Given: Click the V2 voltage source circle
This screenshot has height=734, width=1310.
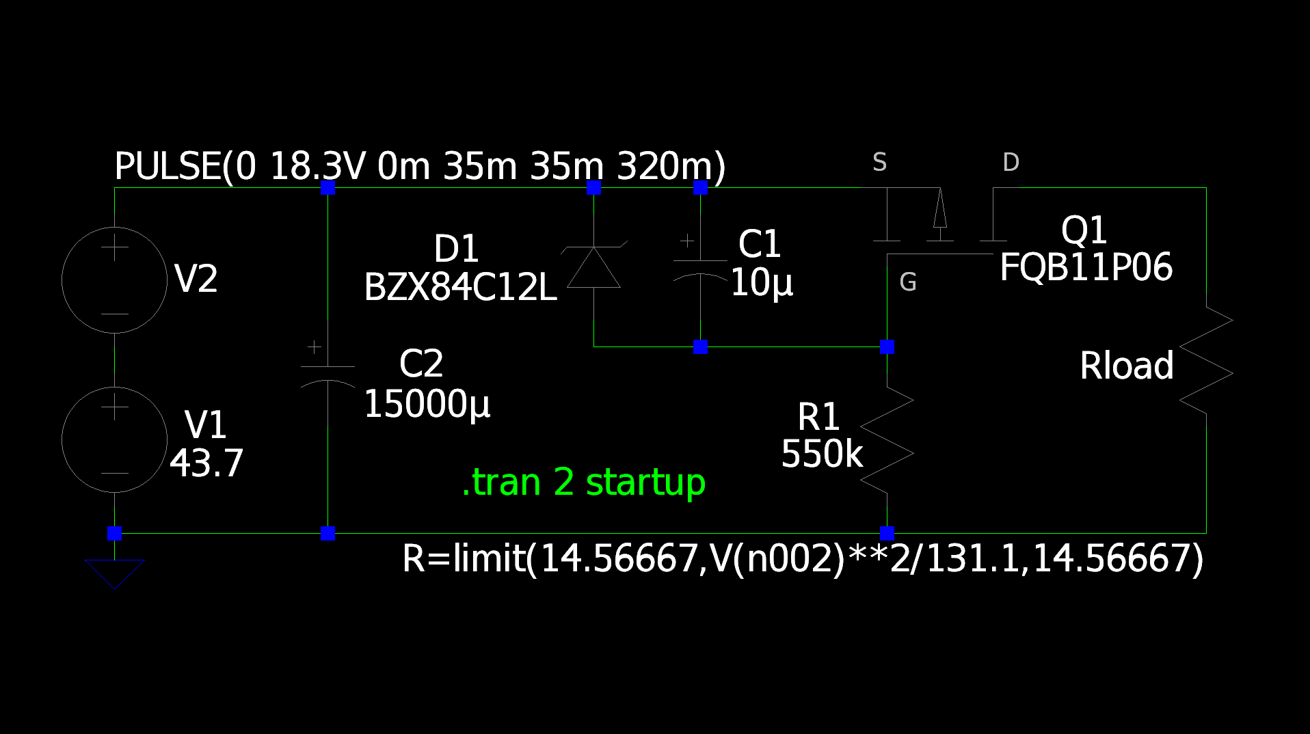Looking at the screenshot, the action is tap(62, 280).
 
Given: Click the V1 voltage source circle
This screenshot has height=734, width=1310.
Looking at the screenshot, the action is tap(62, 439).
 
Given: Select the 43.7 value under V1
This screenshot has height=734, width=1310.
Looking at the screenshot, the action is tap(206, 463).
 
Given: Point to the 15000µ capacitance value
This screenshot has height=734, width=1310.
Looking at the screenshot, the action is tap(427, 405).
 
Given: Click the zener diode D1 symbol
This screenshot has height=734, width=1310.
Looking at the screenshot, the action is tap(593, 267).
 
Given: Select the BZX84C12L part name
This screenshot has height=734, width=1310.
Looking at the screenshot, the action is tap(460, 288).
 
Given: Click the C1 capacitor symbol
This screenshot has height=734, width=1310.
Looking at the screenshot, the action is tap(700, 262).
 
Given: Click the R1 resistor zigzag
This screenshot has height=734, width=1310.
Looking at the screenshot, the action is tap(887, 439).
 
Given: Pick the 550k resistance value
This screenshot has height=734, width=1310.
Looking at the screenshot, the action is tap(822, 454).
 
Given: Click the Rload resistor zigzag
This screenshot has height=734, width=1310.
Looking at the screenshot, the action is tap(1206, 360).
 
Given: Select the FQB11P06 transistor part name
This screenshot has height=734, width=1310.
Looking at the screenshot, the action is tap(1086, 267).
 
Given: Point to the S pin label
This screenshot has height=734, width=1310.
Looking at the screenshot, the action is tap(880, 163).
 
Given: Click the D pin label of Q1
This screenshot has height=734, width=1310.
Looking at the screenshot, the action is tap(1011, 163).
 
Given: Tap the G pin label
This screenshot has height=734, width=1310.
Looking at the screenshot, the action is tap(908, 282).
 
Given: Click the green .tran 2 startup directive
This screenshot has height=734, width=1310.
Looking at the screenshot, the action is tap(584, 482).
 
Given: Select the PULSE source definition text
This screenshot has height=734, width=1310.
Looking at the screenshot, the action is tap(420, 167).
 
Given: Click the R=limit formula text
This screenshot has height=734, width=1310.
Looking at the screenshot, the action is tap(803, 559).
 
